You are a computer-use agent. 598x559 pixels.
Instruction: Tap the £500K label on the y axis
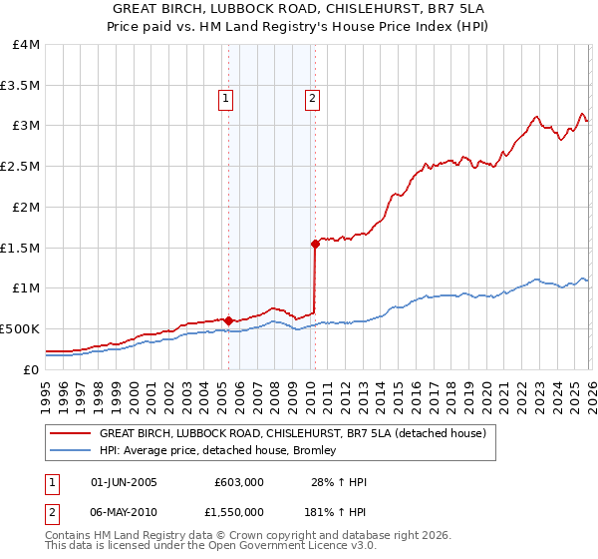click(x=20, y=328)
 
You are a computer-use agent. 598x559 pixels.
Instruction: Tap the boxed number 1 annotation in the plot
click(x=226, y=98)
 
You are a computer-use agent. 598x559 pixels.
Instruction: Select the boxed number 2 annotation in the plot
click(x=312, y=98)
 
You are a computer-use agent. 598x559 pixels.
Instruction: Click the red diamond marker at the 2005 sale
click(x=228, y=320)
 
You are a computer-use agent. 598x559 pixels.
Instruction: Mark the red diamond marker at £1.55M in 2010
click(x=315, y=243)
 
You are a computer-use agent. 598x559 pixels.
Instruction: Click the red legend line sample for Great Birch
click(x=70, y=433)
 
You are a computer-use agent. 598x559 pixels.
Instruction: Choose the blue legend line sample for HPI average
click(x=70, y=450)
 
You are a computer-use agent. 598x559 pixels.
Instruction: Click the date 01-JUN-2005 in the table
click(x=124, y=482)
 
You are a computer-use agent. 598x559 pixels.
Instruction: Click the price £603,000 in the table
click(x=239, y=482)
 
